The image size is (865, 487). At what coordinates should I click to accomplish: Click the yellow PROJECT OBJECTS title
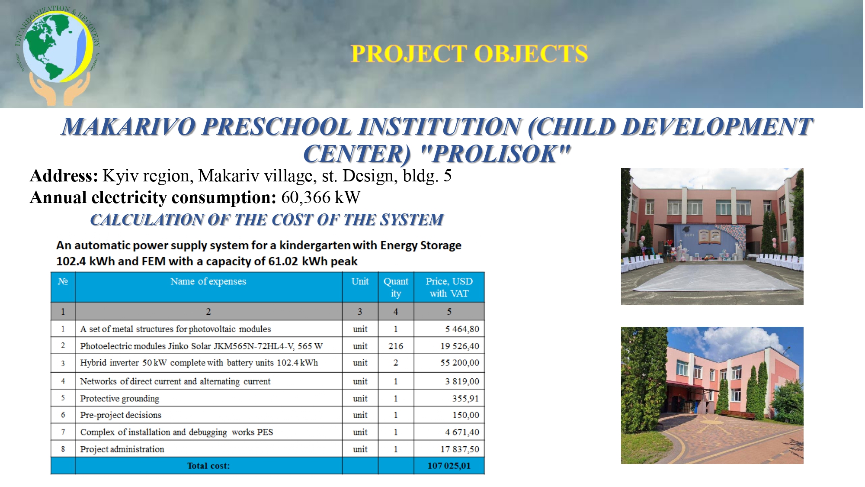(x=469, y=54)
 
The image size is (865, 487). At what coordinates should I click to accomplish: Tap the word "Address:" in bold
(x=64, y=176)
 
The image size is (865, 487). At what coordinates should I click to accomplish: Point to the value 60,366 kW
(x=321, y=197)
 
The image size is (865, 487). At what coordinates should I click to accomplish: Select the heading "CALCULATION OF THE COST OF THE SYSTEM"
(x=267, y=220)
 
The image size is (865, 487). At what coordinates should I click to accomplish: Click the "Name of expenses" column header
(x=208, y=281)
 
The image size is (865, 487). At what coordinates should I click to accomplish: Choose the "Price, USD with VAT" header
(x=449, y=287)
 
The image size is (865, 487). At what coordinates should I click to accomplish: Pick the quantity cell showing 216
(x=396, y=346)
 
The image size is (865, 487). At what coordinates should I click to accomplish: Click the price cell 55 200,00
(x=460, y=363)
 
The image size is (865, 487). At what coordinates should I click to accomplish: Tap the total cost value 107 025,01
(x=449, y=466)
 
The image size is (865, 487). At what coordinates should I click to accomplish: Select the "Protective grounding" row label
(x=120, y=399)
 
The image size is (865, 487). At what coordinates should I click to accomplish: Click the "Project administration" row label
(x=122, y=449)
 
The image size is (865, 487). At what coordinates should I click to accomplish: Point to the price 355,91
(x=466, y=399)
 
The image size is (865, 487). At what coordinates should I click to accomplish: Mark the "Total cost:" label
(x=208, y=466)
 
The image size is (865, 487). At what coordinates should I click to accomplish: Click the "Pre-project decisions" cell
(x=121, y=415)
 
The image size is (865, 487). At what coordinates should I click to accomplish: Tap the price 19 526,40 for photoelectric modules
(x=460, y=346)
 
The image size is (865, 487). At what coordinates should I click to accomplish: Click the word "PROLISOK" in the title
(x=495, y=154)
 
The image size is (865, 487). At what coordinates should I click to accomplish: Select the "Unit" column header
(x=360, y=281)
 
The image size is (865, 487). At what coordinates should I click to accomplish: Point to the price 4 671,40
(x=462, y=432)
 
